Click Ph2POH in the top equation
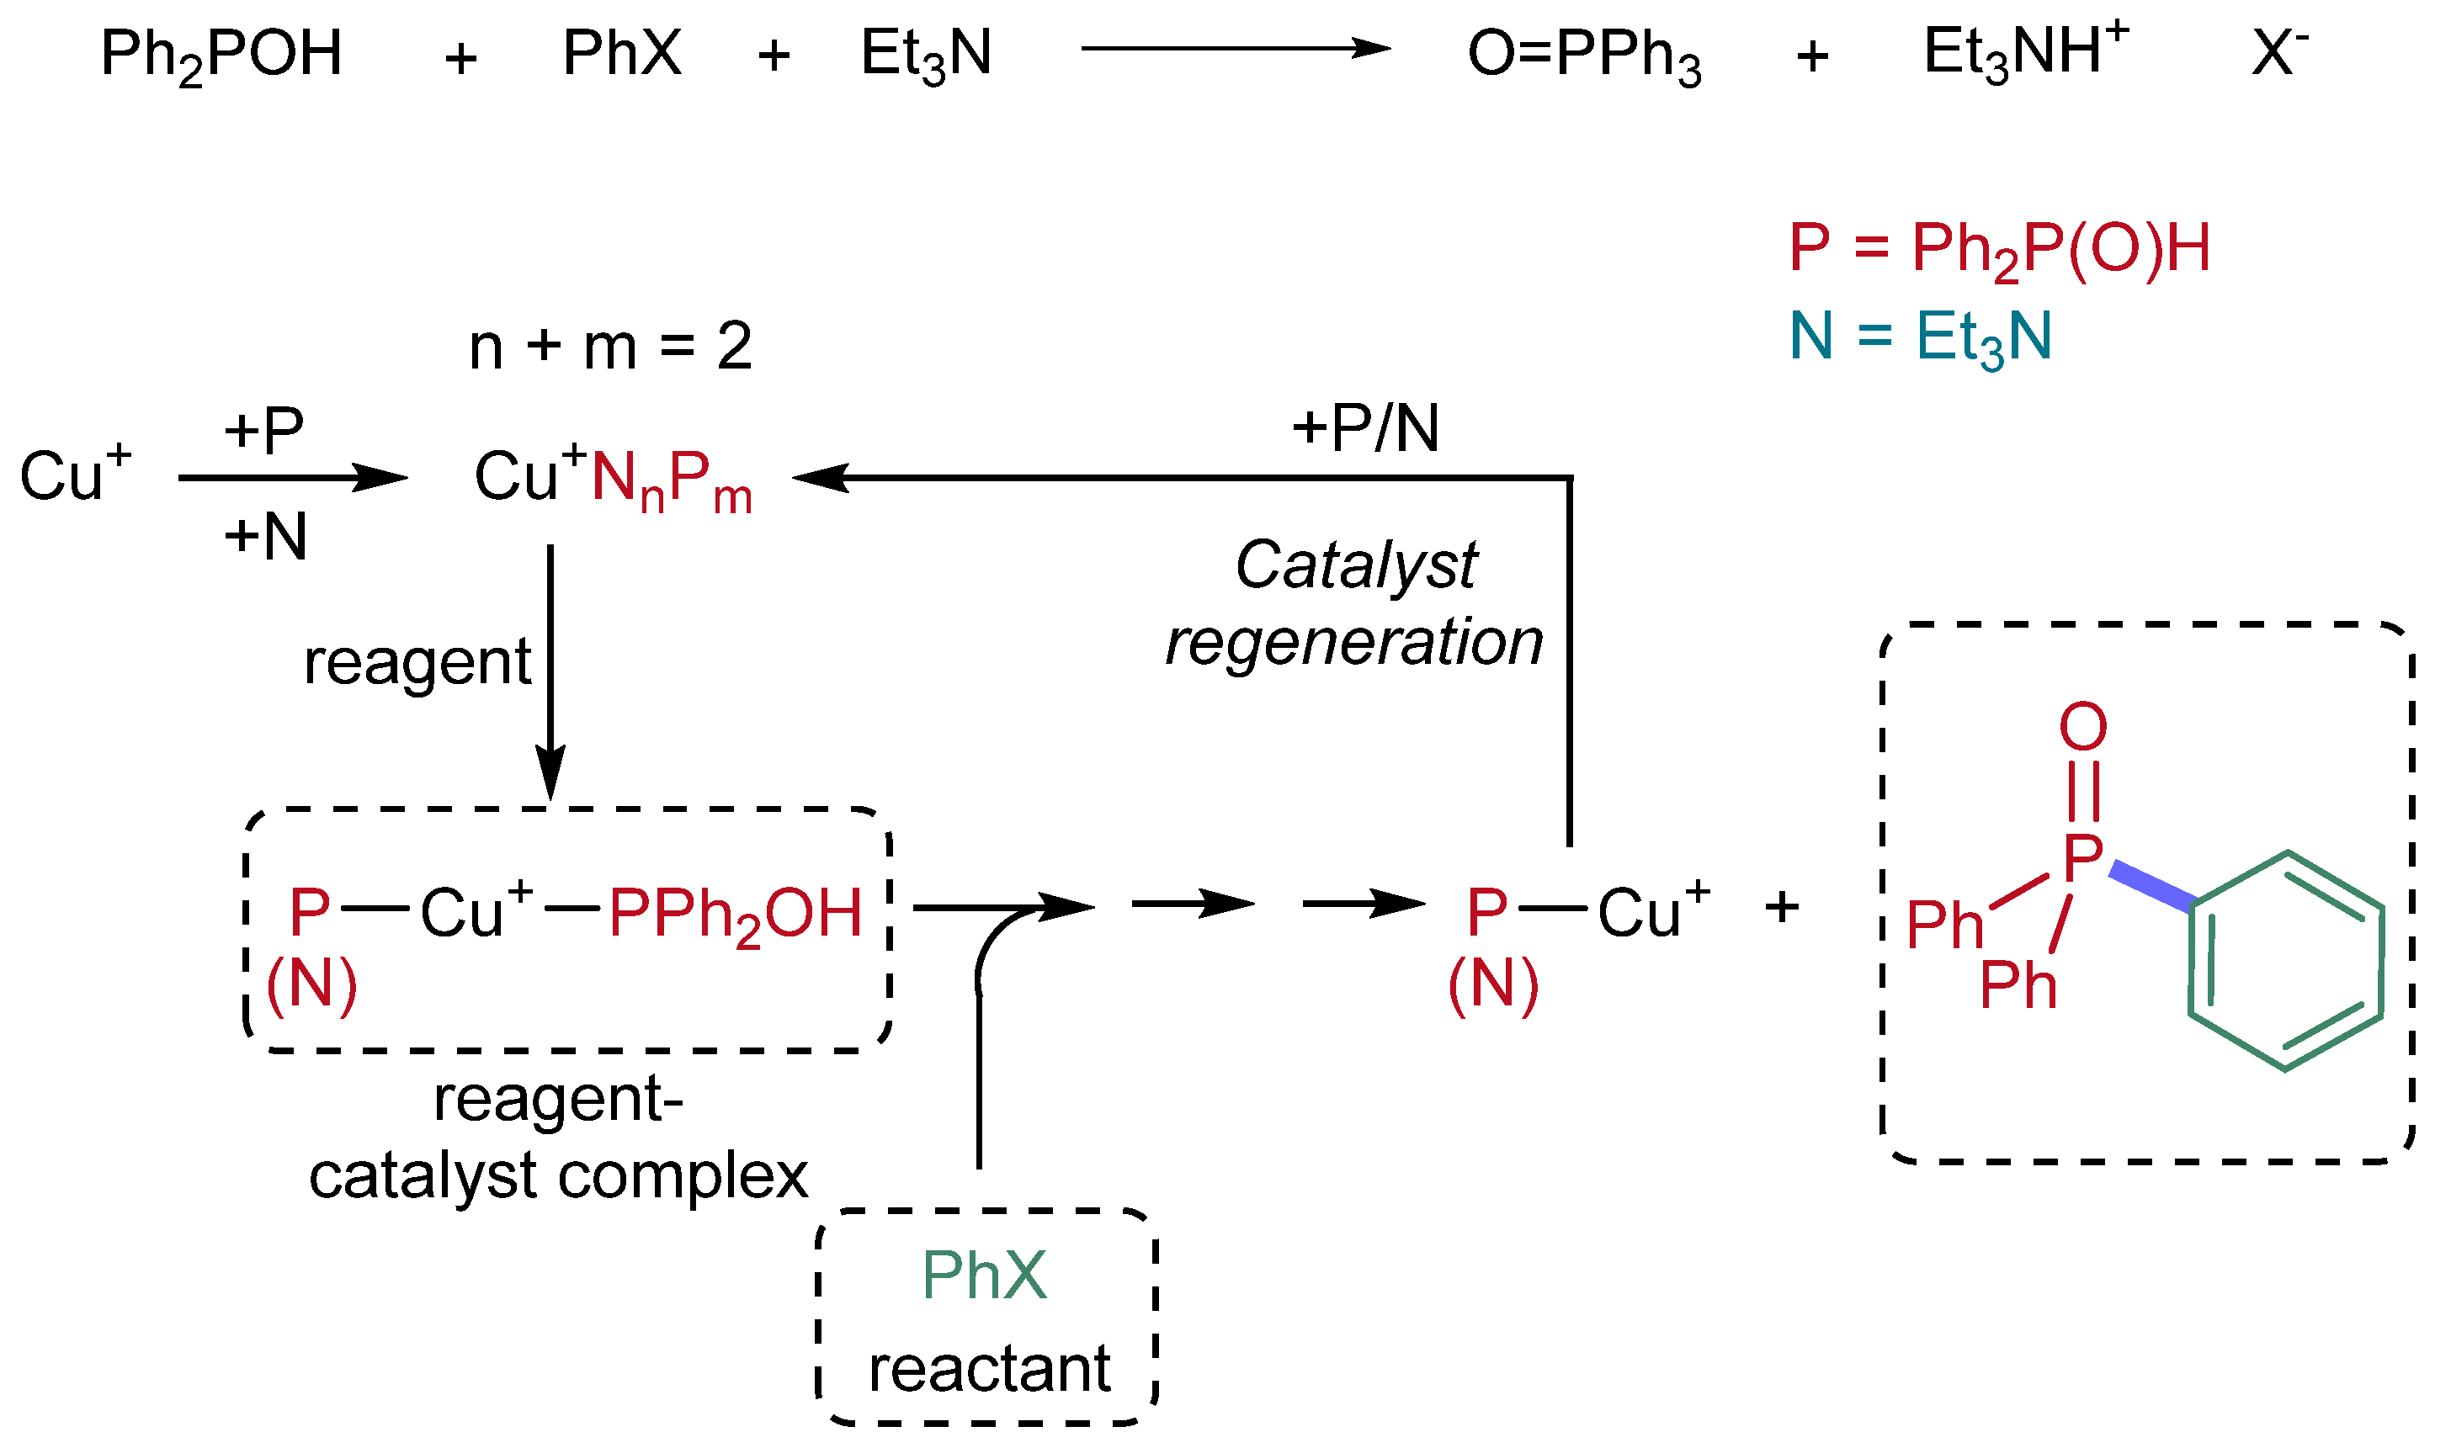point(221,55)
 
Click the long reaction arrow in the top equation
point(1234,48)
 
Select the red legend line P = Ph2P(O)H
point(1998,250)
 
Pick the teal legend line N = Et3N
point(1919,337)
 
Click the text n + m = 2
point(610,347)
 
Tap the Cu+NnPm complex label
point(613,479)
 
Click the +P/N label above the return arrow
point(1364,428)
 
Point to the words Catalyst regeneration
point(1355,604)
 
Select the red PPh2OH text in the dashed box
point(735,915)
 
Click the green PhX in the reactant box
point(984,1276)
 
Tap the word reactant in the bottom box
point(989,1368)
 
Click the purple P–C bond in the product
point(2153,887)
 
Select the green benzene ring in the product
point(2284,962)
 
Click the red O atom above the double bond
point(2082,727)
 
